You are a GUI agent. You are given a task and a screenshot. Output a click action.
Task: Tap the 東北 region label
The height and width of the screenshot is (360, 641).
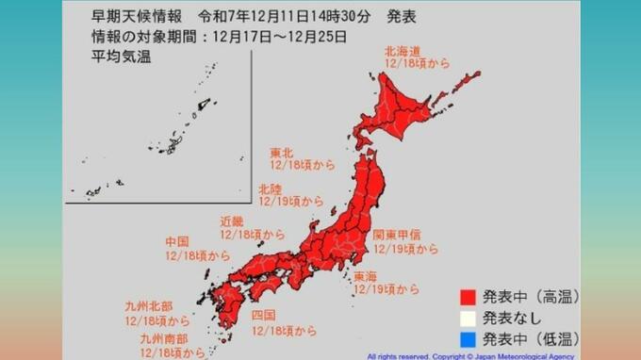click(x=281, y=153)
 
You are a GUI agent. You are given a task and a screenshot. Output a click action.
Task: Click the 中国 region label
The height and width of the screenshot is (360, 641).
click(x=176, y=241)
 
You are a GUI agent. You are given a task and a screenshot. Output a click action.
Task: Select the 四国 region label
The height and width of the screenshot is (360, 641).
click(x=263, y=315)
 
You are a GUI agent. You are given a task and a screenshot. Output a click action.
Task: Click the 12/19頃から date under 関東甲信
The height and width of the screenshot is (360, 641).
click(x=406, y=249)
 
